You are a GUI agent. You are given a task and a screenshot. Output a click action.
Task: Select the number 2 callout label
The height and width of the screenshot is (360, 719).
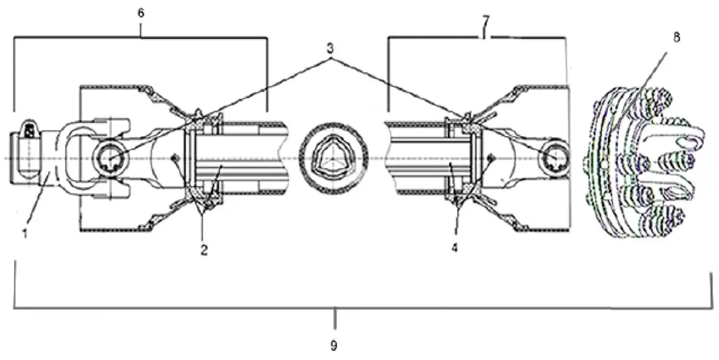point(204,250)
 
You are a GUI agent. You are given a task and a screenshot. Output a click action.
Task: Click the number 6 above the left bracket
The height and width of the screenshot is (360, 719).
point(141,13)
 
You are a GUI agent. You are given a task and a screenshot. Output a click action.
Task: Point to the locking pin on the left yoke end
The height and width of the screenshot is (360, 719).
point(30,130)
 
